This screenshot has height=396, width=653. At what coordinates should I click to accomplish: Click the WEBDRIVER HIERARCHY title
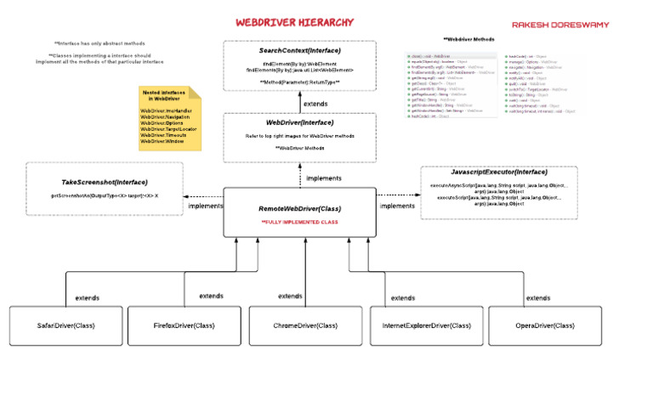(x=294, y=21)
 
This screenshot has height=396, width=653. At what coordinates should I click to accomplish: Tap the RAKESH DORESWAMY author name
(x=560, y=25)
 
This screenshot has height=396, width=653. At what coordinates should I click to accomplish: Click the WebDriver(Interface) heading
(x=299, y=122)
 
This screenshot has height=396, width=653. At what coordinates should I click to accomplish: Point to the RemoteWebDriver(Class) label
(x=300, y=208)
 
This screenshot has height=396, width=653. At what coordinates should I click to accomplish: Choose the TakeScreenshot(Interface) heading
(x=105, y=182)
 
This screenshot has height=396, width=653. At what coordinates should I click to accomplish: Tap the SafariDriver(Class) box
(x=66, y=325)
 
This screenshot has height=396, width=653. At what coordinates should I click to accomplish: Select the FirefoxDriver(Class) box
(x=185, y=325)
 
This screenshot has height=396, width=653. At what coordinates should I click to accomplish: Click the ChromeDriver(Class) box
(x=305, y=325)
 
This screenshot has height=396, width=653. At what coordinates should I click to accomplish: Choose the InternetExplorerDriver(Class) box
(x=427, y=325)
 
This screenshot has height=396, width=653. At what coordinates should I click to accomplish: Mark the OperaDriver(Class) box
(x=545, y=325)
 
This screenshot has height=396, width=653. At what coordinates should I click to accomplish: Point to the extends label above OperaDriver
(x=537, y=298)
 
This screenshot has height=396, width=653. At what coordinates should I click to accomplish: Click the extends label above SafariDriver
(x=87, y=298)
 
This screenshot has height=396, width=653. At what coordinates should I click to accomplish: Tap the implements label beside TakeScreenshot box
(x=206, y=206)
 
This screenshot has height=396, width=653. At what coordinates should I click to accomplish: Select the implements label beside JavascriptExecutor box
(x=397, y=206)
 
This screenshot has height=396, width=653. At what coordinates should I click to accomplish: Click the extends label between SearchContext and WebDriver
(x=315, y=104)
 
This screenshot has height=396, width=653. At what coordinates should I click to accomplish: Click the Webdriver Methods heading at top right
(x=469, y=39)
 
